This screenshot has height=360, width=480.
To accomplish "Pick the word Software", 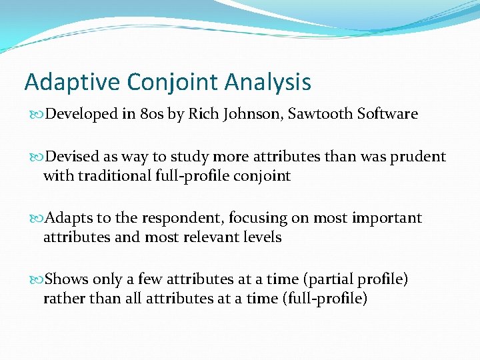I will click(388, 114).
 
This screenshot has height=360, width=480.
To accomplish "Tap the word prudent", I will click(417, 157).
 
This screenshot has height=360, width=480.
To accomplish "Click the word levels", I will click(262, 237).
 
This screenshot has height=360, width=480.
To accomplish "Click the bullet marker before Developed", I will click(34, 115).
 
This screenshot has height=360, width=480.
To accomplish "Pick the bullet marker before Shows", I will click(34, 280).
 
